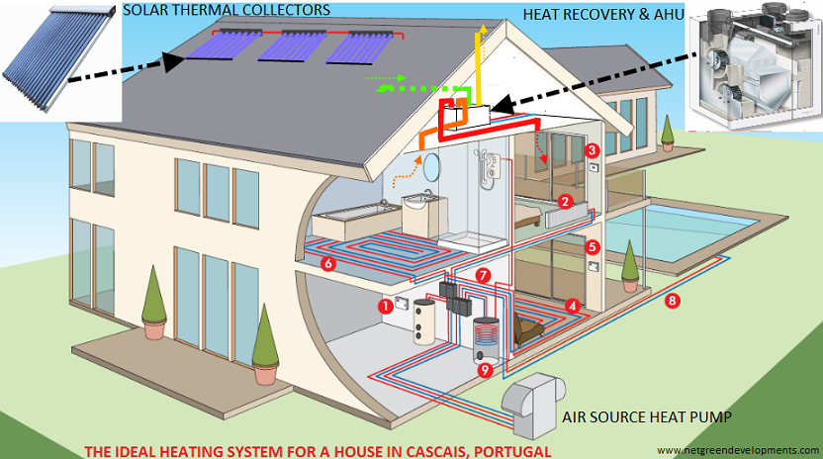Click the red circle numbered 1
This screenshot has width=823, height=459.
pos(386,307)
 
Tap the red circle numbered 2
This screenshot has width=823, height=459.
pos(565,202)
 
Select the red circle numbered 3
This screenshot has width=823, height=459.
pos(593,150)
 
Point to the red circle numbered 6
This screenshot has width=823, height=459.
pos(328,263)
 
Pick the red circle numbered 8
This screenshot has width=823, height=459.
pos(672,301)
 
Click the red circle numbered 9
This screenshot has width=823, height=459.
pos(486,370)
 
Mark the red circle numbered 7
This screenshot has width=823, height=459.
pos(483,275)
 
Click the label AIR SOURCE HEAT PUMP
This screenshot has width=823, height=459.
pos(647,417)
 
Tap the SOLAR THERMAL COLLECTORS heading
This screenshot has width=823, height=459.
pos(227,10)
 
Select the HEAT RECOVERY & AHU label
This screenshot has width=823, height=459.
pos(603,14)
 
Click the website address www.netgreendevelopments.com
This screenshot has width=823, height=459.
pos(738,451)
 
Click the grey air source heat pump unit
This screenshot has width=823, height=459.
pos(532,405)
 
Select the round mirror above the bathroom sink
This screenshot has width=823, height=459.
pos(432,166)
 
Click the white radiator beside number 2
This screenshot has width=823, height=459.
pos(566,216)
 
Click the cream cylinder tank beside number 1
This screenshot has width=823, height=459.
pos(424,321)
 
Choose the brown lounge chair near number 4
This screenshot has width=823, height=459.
pos(530,328)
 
